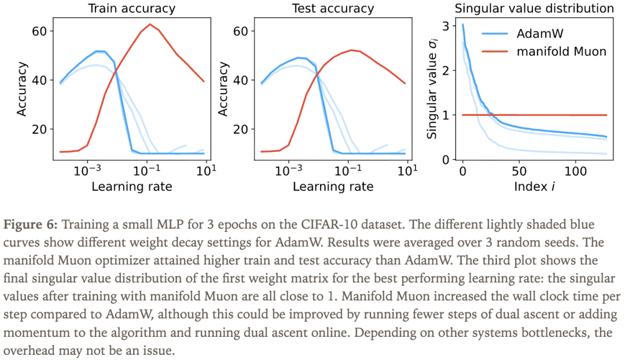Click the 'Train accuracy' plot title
pos(131,8)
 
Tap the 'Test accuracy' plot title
pos(333,8)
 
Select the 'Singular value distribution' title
pos(534,8)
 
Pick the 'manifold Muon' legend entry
pos(561,52)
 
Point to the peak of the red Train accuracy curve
pos(150,24)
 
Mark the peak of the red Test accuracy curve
pos(351,50)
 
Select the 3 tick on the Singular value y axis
pos(445,25)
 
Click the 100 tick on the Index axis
pos(575,172)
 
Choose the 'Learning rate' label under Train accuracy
pos(132,186)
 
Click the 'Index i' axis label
pos(534,186)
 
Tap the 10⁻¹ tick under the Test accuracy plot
pos(349,172)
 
